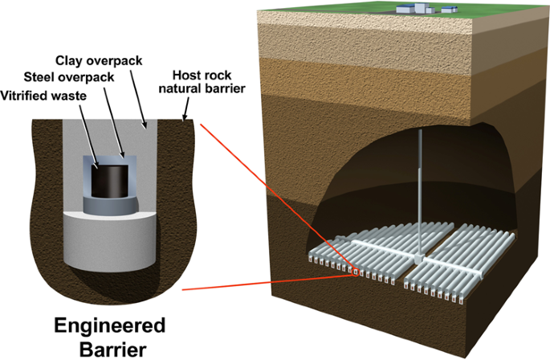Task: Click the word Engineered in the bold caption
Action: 108,325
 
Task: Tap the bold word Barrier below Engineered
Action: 108,348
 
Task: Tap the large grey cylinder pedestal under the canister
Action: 107,238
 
